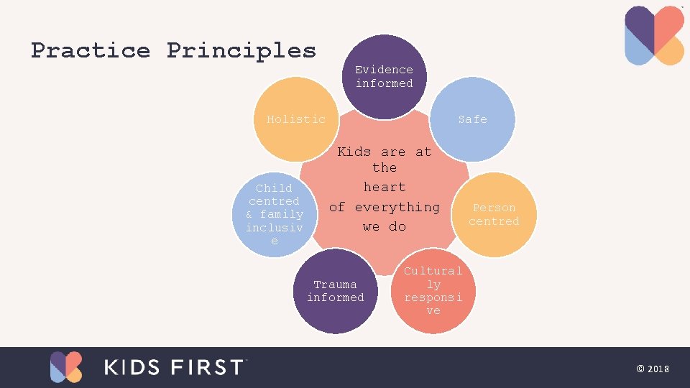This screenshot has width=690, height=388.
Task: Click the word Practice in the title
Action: [x=91, y=50]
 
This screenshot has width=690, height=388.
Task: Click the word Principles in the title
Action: [x=241, y=50]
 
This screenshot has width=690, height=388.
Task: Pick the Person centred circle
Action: [x=494, y=214]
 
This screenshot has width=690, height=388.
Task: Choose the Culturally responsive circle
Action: [x=433, y=291]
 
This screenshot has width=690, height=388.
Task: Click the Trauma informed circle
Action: [x=336, y=291]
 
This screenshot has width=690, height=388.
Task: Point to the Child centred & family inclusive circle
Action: [x=274, y=214]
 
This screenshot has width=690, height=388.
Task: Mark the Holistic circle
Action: [x=296, y=119]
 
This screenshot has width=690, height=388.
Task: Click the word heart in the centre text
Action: [x=385, y=187]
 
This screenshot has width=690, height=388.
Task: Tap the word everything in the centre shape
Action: [x=397, y=207]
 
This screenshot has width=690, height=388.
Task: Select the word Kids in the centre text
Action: [x=354, y=152]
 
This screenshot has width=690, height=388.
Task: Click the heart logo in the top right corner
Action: [x=654, y=36]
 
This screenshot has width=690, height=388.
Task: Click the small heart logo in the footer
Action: [x=66, y=367]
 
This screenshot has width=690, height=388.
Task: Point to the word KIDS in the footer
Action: [x=134, y=367]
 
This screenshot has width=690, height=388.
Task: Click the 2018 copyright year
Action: [x=658, y=369]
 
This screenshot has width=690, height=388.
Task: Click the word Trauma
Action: [x=336, y=285]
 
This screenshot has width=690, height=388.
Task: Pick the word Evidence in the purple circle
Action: [x=385, y=70]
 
